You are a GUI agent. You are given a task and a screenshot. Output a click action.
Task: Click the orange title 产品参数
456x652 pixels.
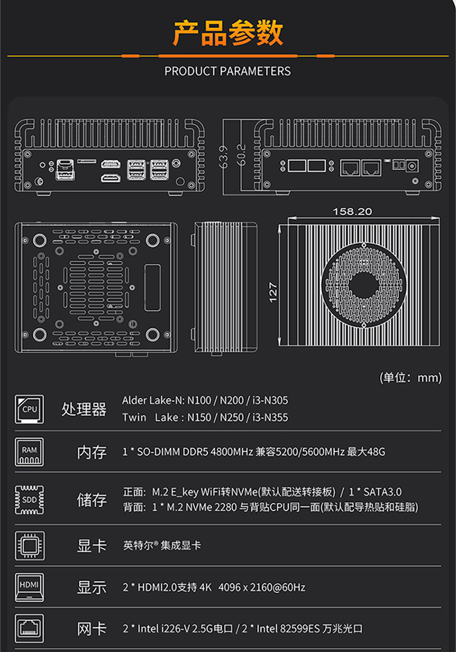click(x=228, y=33)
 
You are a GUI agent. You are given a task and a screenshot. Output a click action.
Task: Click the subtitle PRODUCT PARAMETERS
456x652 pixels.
click(x=228, y=71)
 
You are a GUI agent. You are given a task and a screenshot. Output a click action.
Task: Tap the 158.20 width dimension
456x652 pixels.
click(x=352, y=212)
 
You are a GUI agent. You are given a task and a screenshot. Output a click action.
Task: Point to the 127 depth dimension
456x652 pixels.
click(x=273, y=292)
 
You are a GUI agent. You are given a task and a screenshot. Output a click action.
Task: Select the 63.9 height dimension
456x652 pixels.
click(x=223, y=157)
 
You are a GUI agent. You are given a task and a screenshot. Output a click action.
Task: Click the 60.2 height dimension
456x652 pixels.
click(x=241, y=155)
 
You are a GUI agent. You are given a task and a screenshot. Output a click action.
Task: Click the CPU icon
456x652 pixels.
click(x=29, y=409)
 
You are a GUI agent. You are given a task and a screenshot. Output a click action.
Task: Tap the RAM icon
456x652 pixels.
click(x=29, y=452)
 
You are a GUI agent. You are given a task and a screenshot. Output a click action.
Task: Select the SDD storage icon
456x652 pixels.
click(x=29, y=500)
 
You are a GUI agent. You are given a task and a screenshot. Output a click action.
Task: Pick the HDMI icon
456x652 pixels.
click(x=29, y=587)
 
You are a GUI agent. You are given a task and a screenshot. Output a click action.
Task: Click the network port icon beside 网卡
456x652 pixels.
click(x=29, y=629)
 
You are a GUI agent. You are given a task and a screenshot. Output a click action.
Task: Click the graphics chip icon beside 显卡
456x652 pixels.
click(x=30, y=546)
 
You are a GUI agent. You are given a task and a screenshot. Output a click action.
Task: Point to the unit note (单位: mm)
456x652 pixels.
click(x=410, y=378)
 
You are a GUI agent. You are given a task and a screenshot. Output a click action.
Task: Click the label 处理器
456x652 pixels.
click(x=84, y=409)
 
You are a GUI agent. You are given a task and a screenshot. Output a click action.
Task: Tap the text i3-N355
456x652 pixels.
click(x=270, y=418)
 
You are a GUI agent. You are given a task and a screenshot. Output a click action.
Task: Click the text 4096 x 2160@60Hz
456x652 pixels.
click(x=262, y=587)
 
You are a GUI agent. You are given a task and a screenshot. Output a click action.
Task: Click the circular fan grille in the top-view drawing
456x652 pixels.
click(x=364, y=285)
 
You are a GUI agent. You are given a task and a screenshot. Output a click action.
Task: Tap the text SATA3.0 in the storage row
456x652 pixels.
click(x=382, y=492)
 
